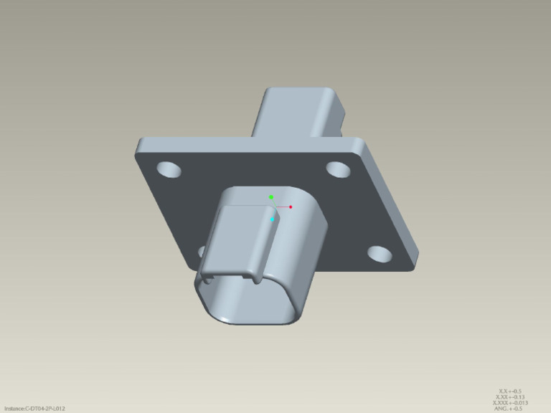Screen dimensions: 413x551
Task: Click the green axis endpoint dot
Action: click(x=271, y=196)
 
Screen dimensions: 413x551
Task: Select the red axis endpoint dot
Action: click(x=291, y=206)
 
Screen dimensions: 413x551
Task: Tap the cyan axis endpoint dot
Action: click(x=273, y=219)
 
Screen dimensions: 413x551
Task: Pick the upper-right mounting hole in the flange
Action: click(x=337, y=169)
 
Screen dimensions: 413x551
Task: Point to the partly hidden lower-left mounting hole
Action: click(x=202, y=250)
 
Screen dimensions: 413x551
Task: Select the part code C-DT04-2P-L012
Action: click(x=45, y=409)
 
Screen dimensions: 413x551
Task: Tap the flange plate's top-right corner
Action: click(x=359, y=141)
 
